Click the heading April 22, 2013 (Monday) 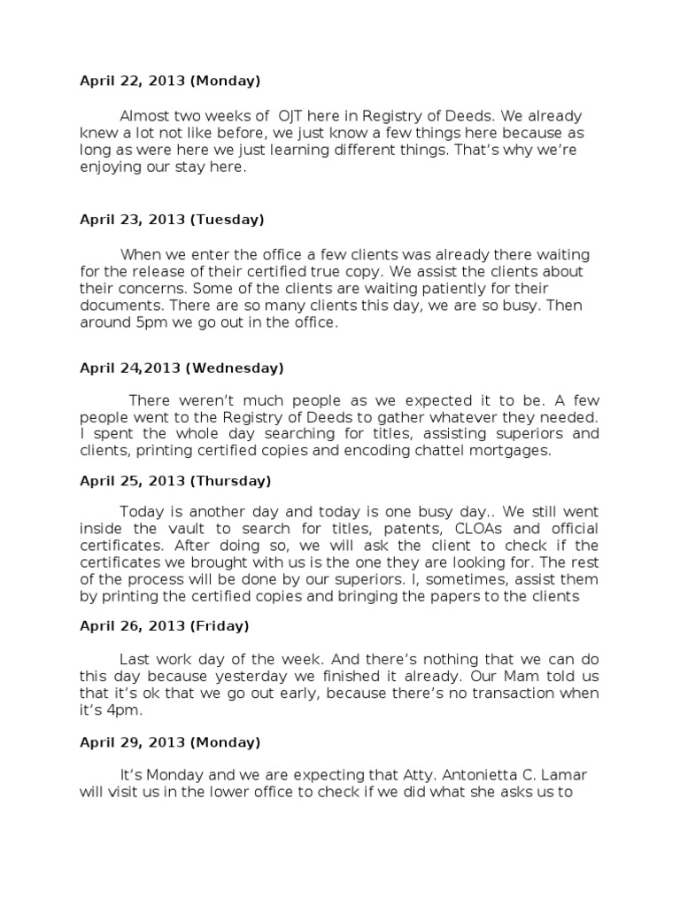[x=170, y=81]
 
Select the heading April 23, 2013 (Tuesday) [x=172, y=219]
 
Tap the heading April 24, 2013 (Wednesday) [x=182, y=367]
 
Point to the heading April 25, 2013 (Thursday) [x=175, y=481]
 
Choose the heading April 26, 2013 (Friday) [x=165, y=625]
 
